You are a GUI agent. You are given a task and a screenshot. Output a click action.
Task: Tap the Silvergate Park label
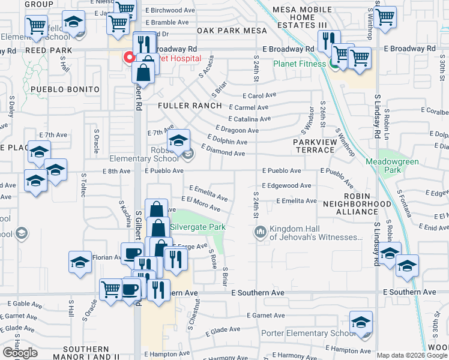(x=198, y=227)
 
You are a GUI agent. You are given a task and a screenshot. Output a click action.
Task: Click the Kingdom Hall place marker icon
(x=261, y=232)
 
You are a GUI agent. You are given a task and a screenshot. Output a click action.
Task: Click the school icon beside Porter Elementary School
(x=361, y=322)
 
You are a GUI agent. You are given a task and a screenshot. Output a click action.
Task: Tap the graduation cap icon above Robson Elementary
(x=178, y=141)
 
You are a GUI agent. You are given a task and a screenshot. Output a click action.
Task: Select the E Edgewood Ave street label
(x=286, y=186)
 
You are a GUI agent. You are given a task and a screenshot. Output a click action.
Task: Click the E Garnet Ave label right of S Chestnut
(x=265, y=315)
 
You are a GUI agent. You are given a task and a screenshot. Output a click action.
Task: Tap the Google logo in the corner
(x=20, y=353)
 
